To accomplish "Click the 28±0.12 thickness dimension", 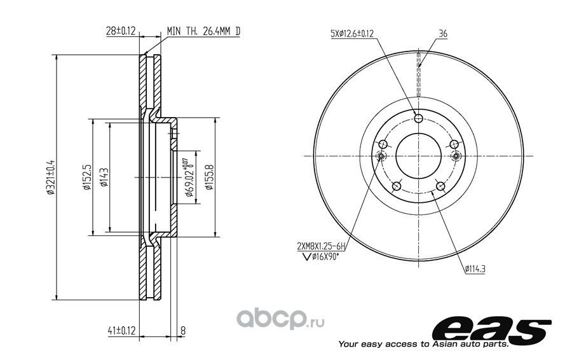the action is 121,31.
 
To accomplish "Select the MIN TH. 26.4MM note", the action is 203,31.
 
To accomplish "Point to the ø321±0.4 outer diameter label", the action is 51,177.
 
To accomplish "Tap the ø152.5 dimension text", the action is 86,177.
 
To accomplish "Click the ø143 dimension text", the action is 104,177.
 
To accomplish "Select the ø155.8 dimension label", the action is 208,177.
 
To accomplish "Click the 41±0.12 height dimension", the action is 121,331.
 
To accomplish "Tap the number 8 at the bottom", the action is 183,331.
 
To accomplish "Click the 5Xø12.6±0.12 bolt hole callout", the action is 352,34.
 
